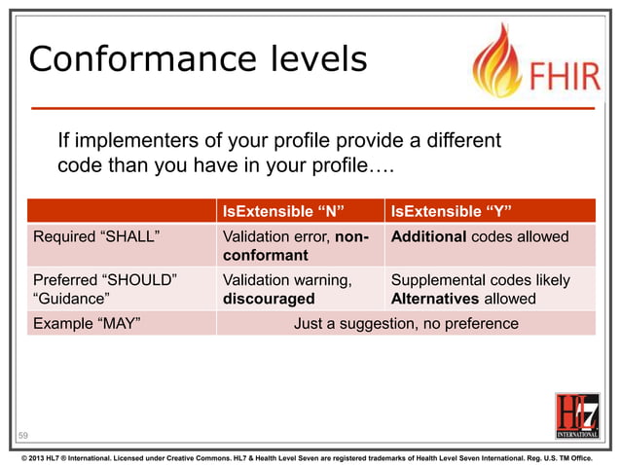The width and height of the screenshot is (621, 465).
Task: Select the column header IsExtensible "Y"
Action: pos(451,211)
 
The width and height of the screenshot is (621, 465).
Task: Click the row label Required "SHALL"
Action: pos(96,236)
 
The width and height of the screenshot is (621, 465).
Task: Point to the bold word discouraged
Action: pos(269,299)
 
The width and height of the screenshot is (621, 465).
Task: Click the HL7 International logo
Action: pos(576,416)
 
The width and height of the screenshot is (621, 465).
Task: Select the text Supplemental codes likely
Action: pos(480,280)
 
